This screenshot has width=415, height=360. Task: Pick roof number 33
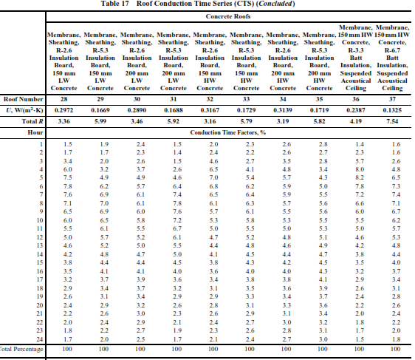pyautogui.click(x=249, y=98)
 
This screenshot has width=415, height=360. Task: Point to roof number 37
pyautogui.click(x=395, y=98)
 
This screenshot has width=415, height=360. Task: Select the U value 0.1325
pyautogui.click(x=395, y=109)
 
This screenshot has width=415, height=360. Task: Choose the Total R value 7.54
pyautogui.click(x=395, y=120)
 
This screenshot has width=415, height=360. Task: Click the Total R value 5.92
pyautogui.click(x=176, y=120)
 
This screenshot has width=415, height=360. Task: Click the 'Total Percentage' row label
pyautogui.click(x=20, y=347)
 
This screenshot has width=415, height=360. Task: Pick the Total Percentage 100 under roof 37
pyautogui.click(x=395, y=347)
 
